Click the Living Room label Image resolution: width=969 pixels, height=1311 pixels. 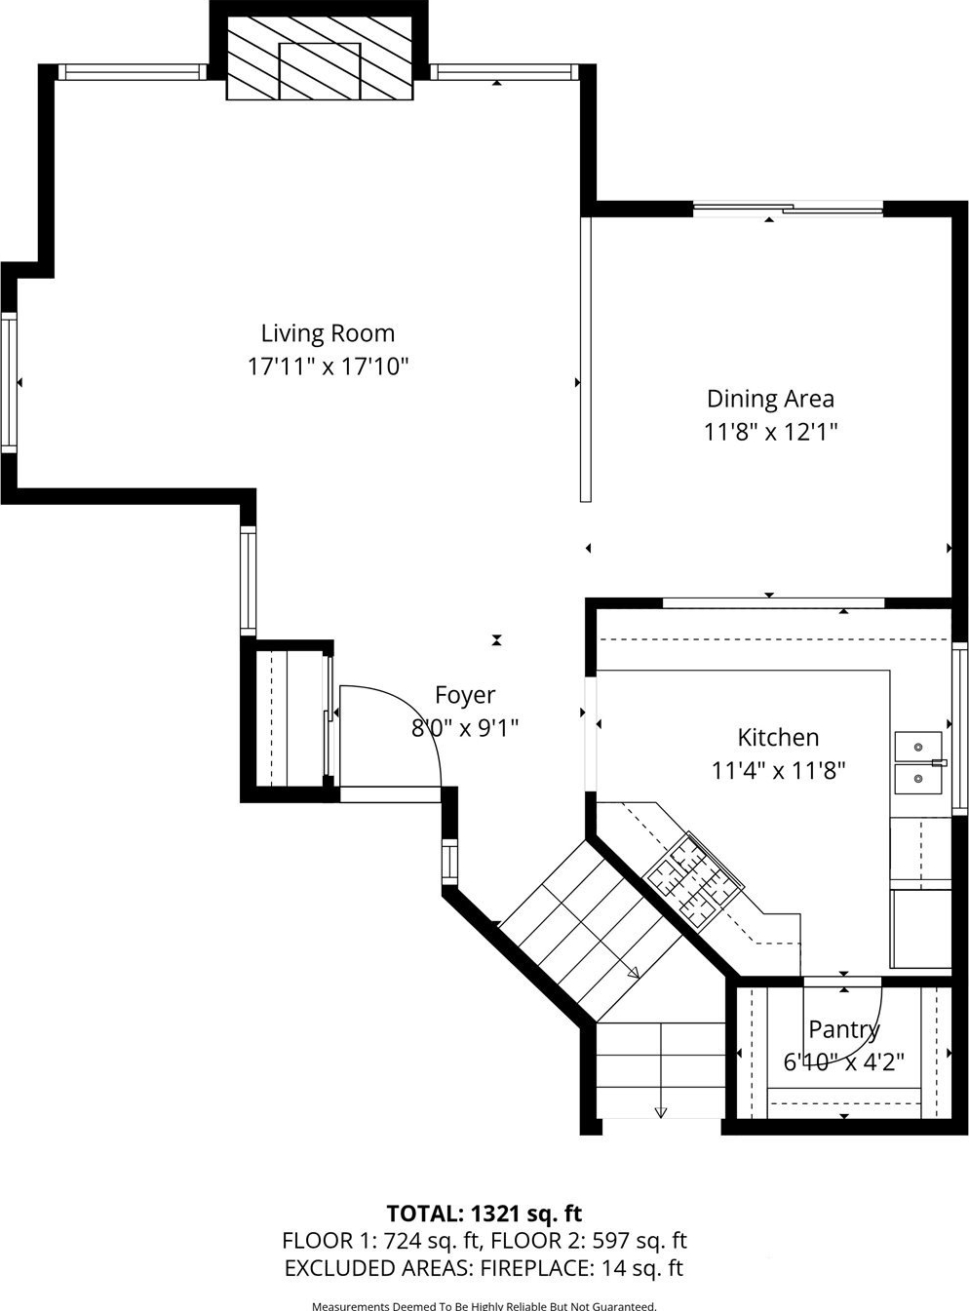328,333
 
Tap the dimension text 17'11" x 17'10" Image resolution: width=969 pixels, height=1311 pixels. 329,366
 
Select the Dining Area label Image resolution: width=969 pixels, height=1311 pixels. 770,399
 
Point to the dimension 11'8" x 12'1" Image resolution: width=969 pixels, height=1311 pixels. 770,432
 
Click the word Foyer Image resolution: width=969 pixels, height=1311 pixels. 465,695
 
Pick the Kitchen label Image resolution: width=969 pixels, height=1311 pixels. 778,737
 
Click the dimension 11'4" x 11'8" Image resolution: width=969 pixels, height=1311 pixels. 778,771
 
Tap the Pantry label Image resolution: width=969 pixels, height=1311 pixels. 843,1029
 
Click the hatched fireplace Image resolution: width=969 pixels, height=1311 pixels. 319,58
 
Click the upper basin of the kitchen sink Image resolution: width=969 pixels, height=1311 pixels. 918,747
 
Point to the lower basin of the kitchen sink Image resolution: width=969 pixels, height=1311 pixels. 918,780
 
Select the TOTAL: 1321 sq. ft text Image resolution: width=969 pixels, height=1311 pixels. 484,1214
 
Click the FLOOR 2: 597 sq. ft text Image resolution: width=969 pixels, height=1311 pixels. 589,1241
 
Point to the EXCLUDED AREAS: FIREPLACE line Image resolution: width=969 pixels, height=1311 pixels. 484,1268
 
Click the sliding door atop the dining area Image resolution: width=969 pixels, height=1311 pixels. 788,208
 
